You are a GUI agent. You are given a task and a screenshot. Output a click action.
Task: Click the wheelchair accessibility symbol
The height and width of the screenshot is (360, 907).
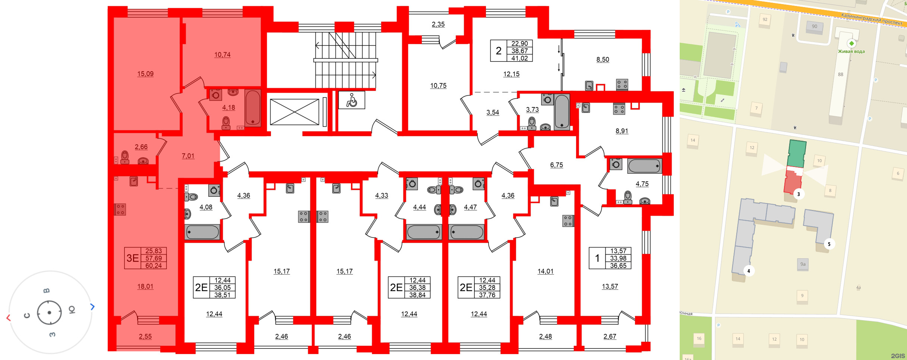(351, 100)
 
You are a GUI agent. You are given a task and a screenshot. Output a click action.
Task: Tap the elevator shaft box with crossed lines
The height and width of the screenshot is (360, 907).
(294, 112)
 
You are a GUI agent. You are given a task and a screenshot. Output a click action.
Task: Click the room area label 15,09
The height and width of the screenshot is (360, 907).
(145, 74)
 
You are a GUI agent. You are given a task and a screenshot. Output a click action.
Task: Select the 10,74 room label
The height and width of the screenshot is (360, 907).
(222, 55)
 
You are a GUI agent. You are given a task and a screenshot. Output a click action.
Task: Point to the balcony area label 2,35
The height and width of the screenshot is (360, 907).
(438, 24)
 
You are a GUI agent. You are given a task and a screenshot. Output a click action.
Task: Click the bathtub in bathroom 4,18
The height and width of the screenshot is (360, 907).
(253, 108)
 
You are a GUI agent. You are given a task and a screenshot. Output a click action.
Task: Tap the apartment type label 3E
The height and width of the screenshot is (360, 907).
(133, 258)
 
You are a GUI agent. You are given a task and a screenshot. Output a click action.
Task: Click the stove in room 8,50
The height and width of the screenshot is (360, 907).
(622, 84)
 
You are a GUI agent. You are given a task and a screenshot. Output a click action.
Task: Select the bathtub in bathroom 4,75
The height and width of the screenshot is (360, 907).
(644, 166)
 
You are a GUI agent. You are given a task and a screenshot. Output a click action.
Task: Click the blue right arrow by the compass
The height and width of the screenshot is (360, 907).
(92, 307)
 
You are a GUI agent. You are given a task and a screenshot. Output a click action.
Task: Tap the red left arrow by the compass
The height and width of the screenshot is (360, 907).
(9, 318)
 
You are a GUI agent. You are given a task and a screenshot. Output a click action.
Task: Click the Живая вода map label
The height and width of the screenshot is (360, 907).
(851, 51)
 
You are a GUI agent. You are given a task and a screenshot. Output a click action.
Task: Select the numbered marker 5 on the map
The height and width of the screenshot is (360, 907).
(829, 244)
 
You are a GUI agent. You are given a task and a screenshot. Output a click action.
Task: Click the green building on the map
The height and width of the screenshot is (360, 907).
(797, 154)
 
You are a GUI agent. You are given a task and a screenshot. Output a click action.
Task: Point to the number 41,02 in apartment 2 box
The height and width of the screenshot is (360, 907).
(519, 58)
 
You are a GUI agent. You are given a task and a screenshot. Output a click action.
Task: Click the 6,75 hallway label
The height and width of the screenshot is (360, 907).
(556, 165)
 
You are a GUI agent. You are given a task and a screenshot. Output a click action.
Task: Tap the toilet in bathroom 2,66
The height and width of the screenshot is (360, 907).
(125, 157)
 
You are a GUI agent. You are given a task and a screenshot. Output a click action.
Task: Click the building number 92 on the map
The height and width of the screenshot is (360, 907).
(765, 19)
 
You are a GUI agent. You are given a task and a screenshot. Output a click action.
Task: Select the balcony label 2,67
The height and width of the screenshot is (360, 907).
(610, 336)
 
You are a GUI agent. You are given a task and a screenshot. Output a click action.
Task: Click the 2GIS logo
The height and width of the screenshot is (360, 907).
(897, 356)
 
